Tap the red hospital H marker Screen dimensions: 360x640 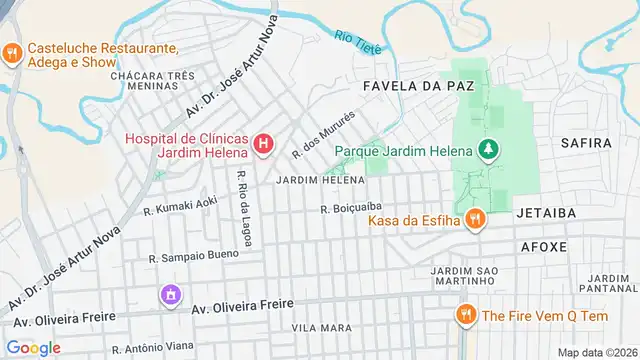click(263, 145)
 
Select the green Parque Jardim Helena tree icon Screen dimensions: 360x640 click(489, 150)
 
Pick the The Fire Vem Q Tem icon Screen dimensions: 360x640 click(465, 315)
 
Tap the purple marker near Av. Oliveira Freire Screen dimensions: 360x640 click(171, 295)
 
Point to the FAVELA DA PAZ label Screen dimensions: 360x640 click(418, 86)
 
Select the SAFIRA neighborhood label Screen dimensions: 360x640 click(585, 143)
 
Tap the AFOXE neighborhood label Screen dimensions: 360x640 click(544, 245)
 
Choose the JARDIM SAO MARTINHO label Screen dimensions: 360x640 click(464, 276)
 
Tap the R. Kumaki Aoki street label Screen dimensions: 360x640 click(180, 206)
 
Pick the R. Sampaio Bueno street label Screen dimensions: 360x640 click(193, 257)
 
